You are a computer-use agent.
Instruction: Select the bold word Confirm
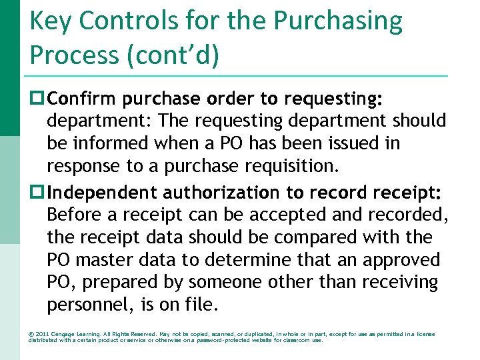[81, 99]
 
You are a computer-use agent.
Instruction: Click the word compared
[307, 237]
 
